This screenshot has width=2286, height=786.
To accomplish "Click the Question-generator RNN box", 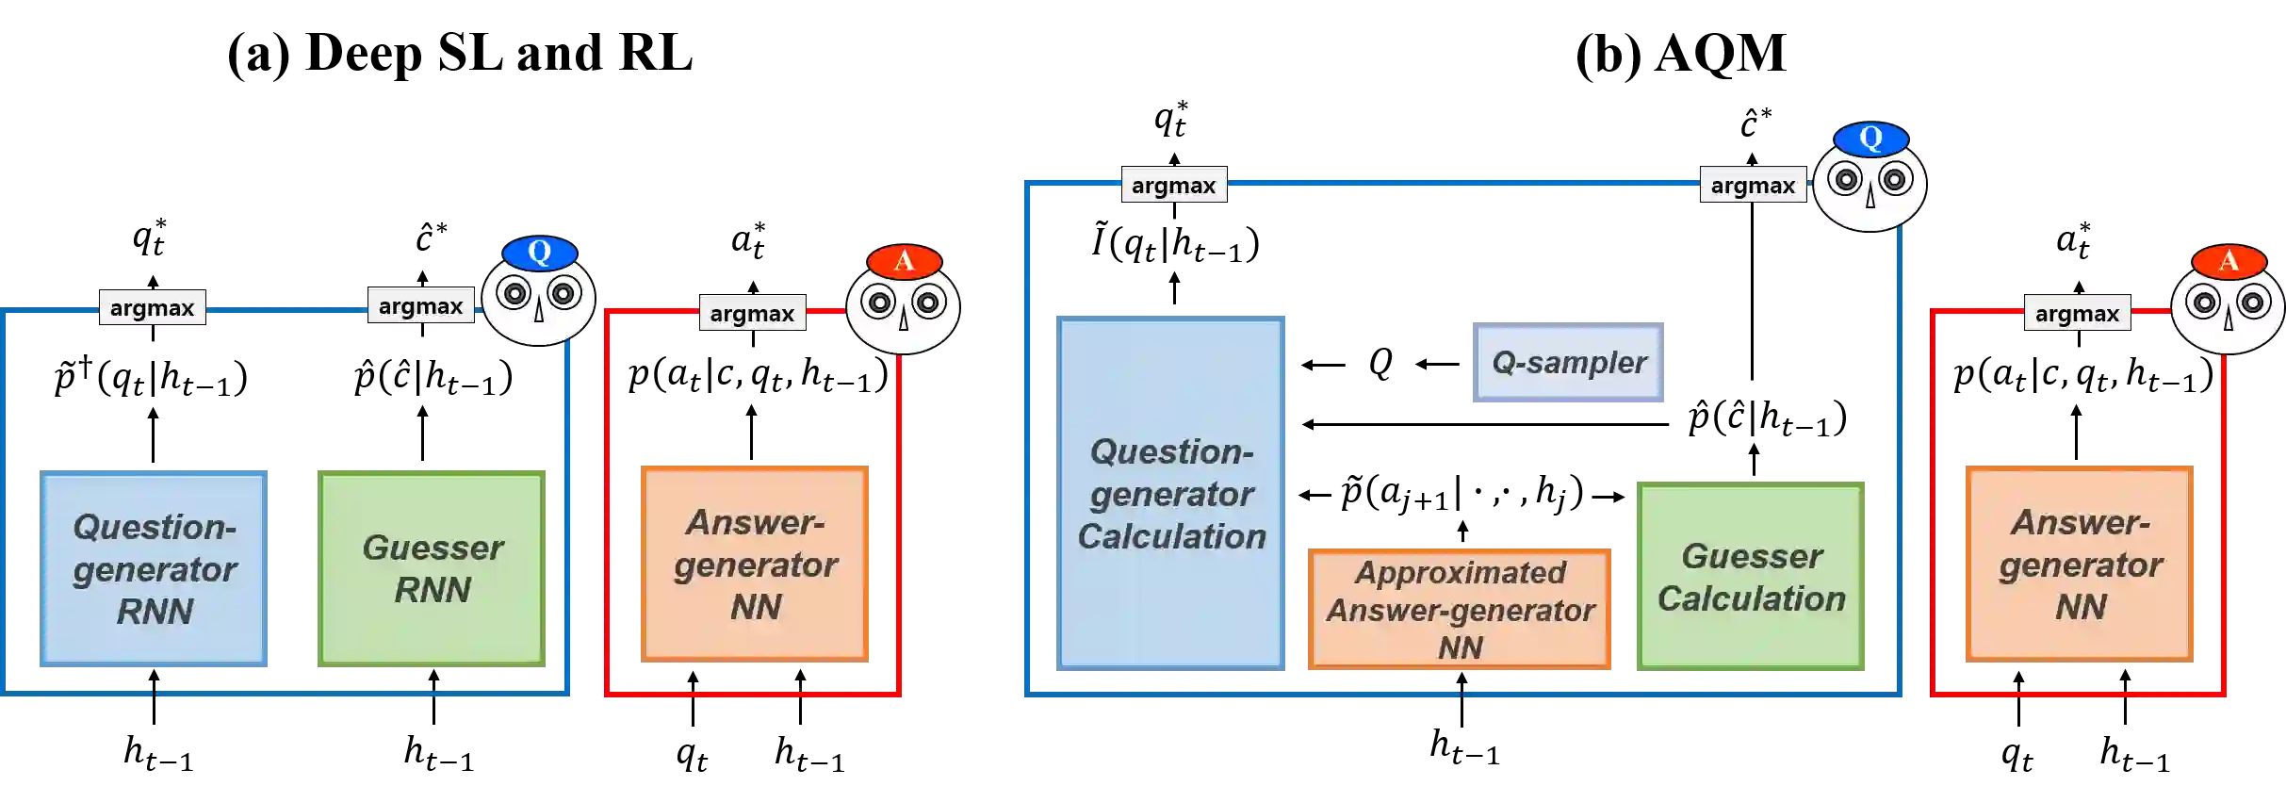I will coord(155,569).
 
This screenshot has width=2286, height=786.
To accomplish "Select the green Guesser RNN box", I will coord(433,569).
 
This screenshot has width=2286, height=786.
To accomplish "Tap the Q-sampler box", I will coord(1568,362).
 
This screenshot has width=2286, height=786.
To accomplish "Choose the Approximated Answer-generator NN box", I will coord(1459,608).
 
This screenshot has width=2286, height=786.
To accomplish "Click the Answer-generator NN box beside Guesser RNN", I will coord(757,563).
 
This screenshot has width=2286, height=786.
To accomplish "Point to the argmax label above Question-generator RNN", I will coord(153,307).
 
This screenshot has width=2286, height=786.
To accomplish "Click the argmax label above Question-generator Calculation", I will coord(1173,186).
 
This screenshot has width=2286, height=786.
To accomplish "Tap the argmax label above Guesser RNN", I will coord(420,306).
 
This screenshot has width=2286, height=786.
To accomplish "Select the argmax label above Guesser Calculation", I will coord(1753,186).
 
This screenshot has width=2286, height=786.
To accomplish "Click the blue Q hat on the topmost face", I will coord(1870,139).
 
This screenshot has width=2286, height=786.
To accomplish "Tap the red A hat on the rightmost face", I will coord(2229,261).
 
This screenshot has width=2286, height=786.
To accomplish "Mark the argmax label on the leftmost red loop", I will coord(751,313).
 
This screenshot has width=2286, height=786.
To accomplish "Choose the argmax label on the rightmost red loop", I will coord(2077,313).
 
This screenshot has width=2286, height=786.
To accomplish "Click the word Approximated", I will coord(1460,572).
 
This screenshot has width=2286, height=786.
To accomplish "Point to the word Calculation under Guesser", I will coord(1752,598).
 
